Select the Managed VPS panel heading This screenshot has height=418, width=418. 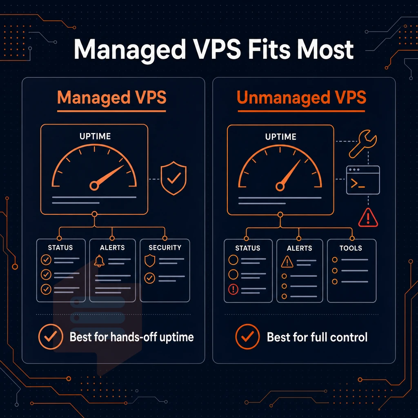click(112, 97)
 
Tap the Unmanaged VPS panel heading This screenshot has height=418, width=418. click(302, 97)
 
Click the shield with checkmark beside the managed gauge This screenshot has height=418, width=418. click(173, 178)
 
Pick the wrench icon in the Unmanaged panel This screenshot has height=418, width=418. click(363, 144)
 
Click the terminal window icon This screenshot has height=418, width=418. click(363, 180)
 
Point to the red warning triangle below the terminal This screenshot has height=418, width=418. click(368, 218)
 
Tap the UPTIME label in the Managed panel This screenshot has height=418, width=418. click(95, 136)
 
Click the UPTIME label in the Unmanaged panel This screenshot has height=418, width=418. click(281, 137)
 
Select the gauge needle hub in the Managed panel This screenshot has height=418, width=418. click(94, 186)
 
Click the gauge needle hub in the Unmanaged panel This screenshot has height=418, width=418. click(280, 187)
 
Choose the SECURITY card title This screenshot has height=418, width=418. click(165, 248)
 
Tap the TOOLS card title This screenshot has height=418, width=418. click(351, 248)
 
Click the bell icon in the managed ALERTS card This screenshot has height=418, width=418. click(99, 261)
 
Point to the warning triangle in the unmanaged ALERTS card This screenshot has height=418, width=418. click(287, 262)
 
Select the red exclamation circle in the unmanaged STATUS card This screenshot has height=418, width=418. click(233, 289)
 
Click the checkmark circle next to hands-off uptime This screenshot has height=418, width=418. click(51, 337)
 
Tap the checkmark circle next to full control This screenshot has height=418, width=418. click(247, 337)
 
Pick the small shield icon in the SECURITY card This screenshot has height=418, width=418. click(149, 261)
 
